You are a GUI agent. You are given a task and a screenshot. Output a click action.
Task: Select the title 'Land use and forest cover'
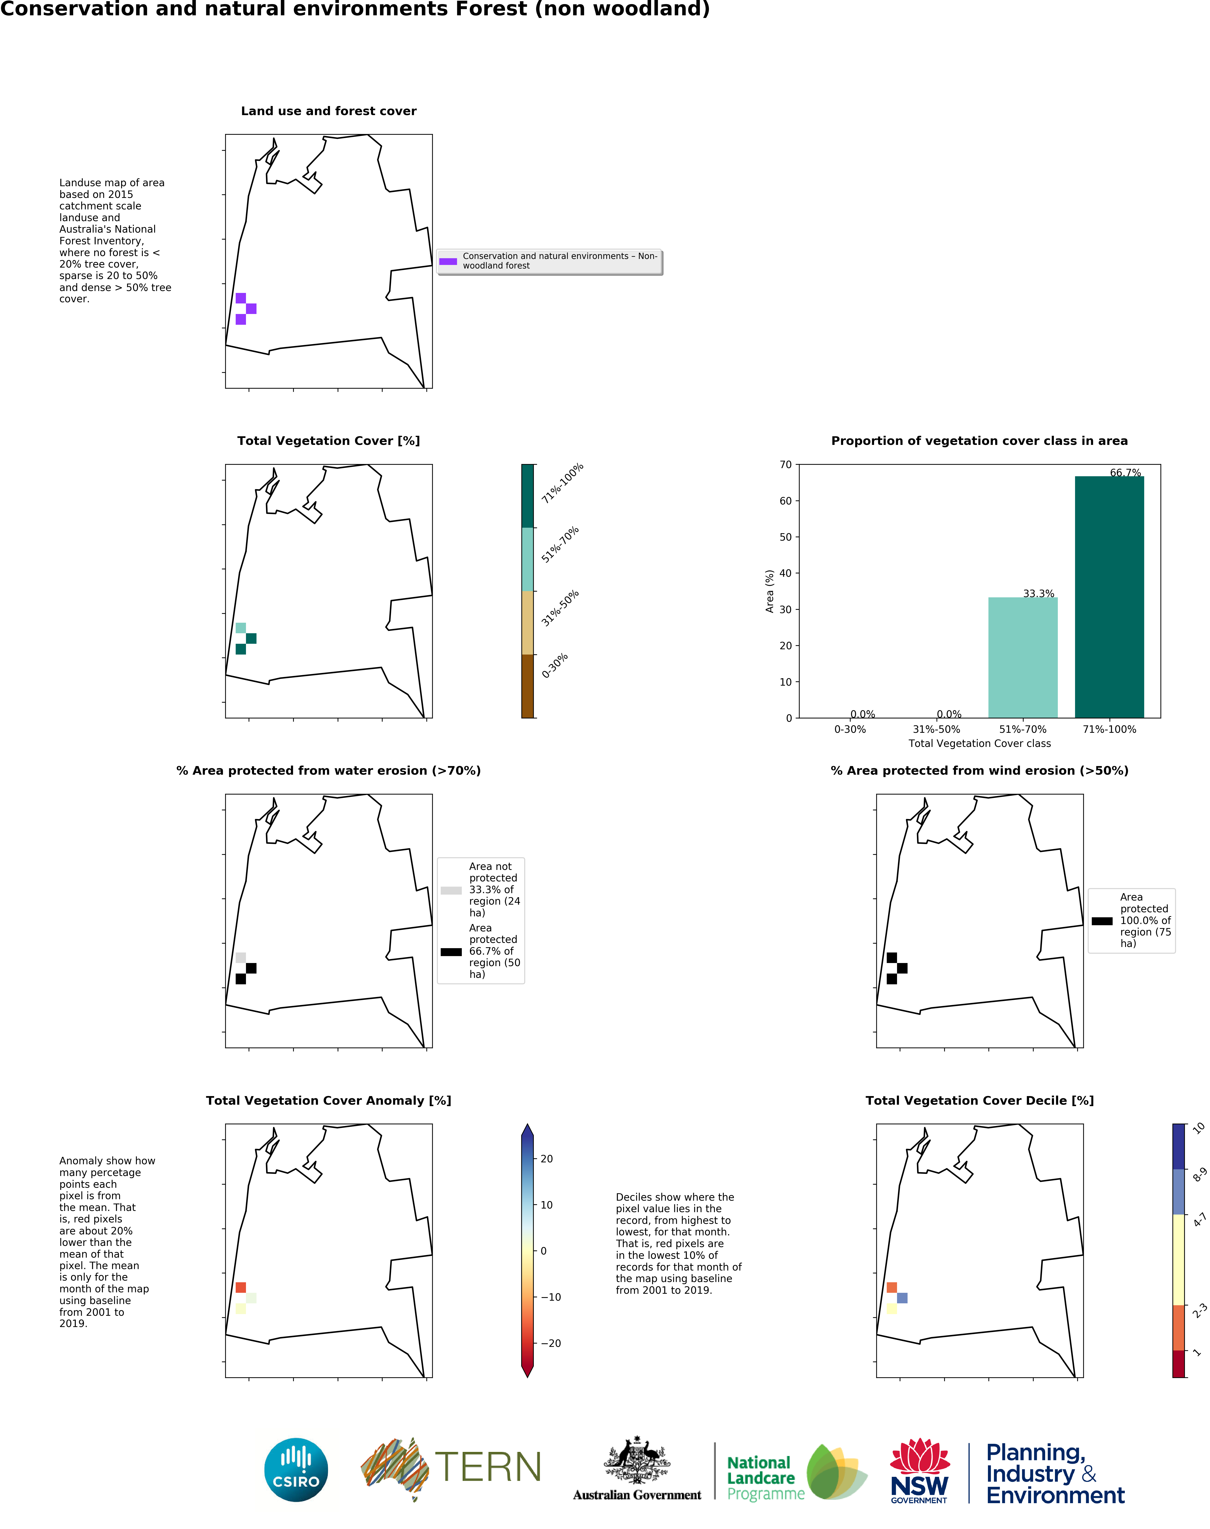pos(329,111)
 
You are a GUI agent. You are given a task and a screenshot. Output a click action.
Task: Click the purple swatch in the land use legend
pos(448,261)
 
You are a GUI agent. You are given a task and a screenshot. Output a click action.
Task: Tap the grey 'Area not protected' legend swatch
pos(451,890)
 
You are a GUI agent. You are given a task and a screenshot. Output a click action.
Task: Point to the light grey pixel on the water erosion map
pos(241,957)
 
